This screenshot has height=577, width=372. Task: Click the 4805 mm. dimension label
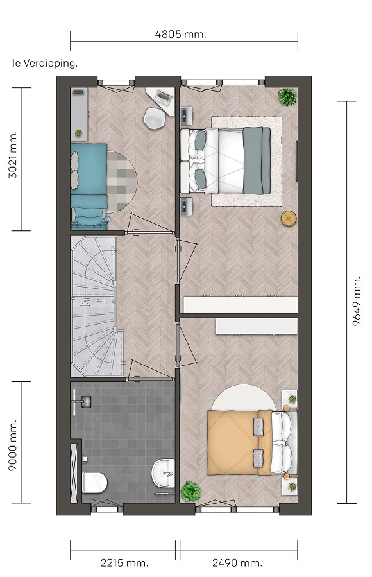tap(180, 35)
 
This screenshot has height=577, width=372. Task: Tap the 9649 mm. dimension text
tap(357, 302)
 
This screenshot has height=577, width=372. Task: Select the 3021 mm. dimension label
tap(12, 154)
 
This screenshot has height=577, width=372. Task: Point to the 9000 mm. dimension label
tap(12, 445)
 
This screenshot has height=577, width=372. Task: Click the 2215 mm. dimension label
tap(124, 563)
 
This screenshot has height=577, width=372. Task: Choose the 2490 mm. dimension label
tap(237, 563)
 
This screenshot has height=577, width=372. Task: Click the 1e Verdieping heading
tap(44, 64)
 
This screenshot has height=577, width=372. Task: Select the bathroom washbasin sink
tap(163, 473)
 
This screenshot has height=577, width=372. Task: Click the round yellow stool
tap(289, 218)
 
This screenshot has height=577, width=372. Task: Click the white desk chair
tap(154, 118)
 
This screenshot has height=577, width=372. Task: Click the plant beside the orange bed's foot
tap(190, 492)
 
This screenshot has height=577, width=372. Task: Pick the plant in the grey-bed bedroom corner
tap(287, 97)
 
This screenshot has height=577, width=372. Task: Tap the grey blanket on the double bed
tap(257, 160)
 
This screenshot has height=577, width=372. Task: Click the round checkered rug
tap(122, 182)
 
